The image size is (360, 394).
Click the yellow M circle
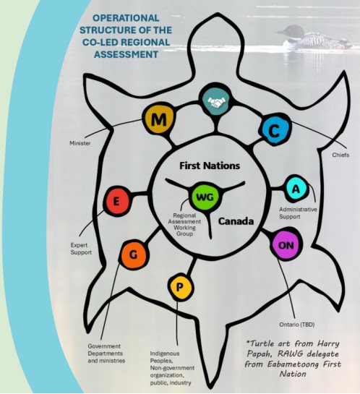pos(159,119)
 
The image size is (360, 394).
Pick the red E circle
pos(116,202)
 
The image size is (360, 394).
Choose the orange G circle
pos(134,254)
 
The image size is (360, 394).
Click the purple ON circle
pos(284,245)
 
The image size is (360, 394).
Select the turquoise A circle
pos(295,188)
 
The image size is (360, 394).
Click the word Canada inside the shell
pos(237,222)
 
